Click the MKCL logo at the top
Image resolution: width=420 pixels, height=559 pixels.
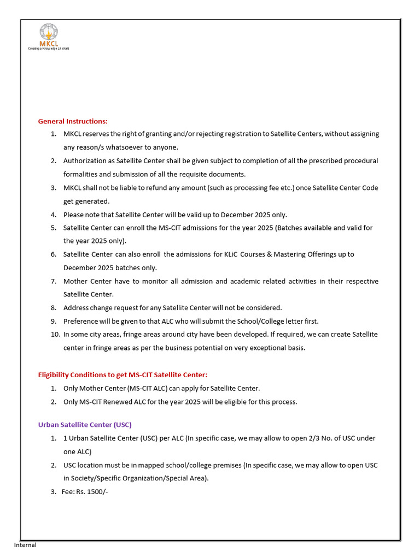pyautogui.click(x=48, y=37)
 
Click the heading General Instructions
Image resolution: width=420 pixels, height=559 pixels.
pyautogui.click(x=73, y=121)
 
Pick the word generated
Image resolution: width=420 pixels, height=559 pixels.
pyautogui.click(x=94, y=201)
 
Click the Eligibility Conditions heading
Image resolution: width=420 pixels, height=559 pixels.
pyautogui.click(x=122, y=375)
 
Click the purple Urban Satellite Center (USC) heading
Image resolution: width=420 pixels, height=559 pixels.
pyautogui.click(x=85, y=425)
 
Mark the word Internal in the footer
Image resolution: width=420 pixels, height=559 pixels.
pyautogui.click(x=25, y=545)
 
